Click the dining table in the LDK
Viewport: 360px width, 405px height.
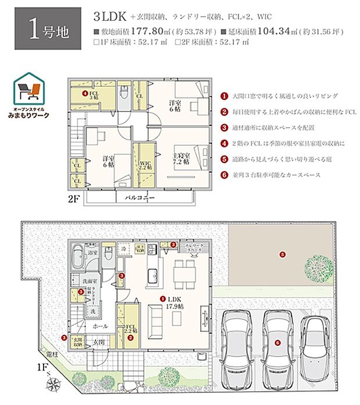coord(185,272)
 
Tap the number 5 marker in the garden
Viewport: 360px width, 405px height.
coord(282,254)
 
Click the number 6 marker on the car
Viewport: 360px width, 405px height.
coord(278,342)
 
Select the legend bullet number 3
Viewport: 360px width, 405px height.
coord(225,126)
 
